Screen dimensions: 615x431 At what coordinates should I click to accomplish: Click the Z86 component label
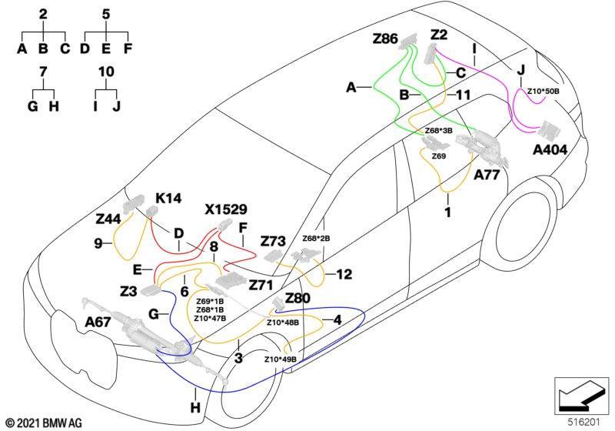(x=385, y=38)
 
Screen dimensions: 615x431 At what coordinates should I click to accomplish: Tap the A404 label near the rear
(x=550, y=149)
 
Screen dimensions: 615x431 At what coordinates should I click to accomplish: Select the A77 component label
(x=487, y=174)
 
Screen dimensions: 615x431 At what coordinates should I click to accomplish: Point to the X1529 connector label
(x=226, y=209)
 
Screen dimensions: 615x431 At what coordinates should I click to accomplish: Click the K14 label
(x=168, y=199)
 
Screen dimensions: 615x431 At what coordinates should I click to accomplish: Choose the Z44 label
(x=108, y=219)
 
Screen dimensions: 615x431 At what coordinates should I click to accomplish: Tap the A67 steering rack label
(x=98, y=322)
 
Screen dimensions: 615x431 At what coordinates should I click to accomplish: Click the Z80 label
(x=298, y=299)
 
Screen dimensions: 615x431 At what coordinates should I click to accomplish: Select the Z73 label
(x=273, y=241)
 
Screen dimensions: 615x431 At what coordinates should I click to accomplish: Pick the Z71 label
(x=261, y=285)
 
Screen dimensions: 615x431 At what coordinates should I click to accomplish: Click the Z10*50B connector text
(x=543, y=91)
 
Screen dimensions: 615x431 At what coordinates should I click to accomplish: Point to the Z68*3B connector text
(x=438, y=131)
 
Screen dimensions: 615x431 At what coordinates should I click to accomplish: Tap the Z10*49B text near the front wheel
(x=280, y=359)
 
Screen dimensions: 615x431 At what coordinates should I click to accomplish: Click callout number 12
(x=344, y=275)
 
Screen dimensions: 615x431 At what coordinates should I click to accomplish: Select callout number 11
(x=463, y=95)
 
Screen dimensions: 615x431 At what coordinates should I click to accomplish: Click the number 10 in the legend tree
(x=106, y=72)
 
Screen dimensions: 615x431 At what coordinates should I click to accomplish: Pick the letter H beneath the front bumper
(x=195, y=408)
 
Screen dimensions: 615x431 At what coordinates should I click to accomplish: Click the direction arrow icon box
(x=581, y=396)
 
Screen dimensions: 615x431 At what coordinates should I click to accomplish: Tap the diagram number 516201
(x=584, y=422)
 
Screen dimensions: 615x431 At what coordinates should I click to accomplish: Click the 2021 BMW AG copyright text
(x=45, y=423)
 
